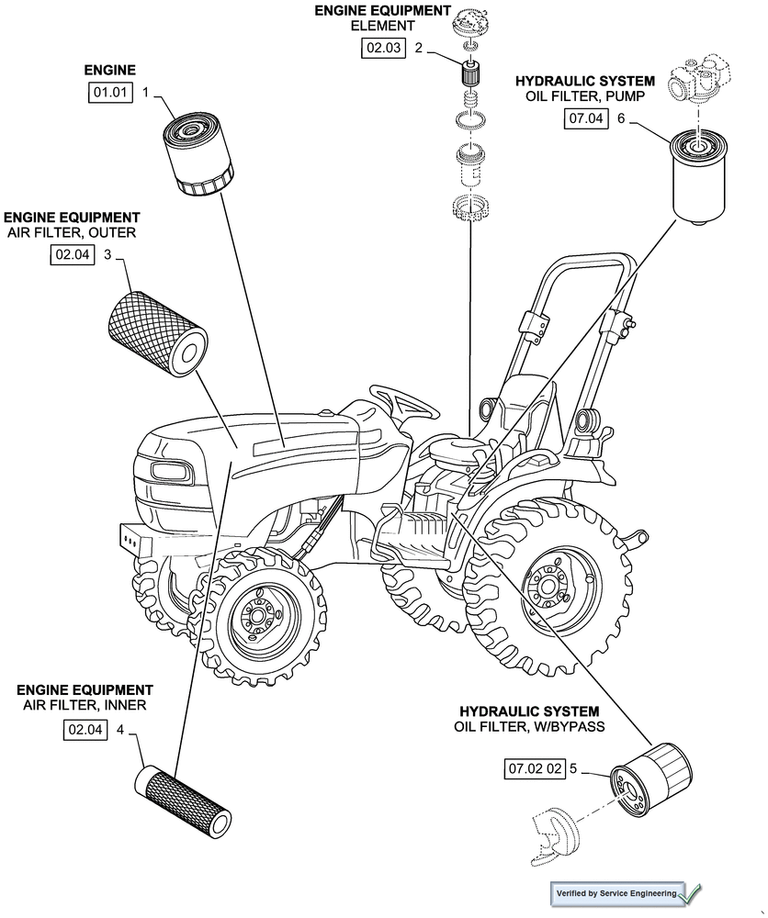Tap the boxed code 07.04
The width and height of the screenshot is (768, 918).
pos(585,118)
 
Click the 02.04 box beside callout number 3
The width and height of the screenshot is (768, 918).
pos(73,256)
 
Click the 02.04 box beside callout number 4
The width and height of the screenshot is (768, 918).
pos(85,731)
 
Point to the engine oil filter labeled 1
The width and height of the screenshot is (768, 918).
pos(198,153)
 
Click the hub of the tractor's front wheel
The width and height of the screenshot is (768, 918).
pos(256,619)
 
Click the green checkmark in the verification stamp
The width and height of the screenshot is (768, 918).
pos(692,892)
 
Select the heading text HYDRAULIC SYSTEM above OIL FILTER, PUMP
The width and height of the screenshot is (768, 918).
pos(584,82)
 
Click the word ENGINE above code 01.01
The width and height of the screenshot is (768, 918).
pos(109,70)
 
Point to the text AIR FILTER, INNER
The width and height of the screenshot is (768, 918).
pos(85,705)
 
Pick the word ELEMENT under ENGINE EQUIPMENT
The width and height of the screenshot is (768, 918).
pos(382,26)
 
